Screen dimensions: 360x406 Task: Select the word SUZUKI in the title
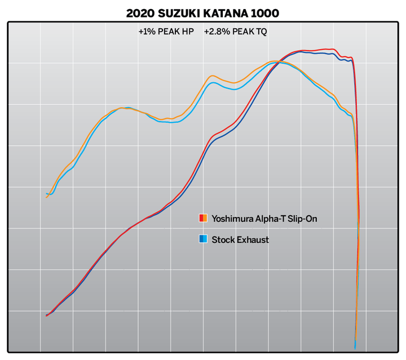tap(184, 12)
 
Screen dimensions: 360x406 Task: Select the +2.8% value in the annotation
tap(214, 32)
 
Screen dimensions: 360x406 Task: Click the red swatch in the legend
tap(201, 218)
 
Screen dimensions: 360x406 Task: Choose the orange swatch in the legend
tap(205, 218)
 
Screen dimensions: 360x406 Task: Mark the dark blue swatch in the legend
tap(201, 239)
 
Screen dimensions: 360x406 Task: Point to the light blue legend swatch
tap(205, 239)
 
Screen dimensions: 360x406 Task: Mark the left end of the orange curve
tap(46, 198)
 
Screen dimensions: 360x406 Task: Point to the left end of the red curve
tap(46, 316)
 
